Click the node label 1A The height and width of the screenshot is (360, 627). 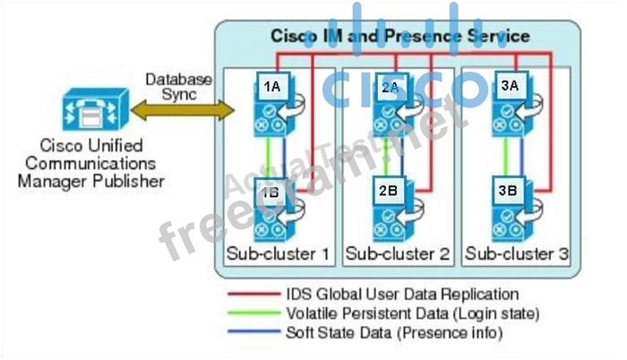tap(271, 86)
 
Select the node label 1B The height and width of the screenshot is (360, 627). tap(271, 190)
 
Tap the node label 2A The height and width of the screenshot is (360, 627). tap(390, 86)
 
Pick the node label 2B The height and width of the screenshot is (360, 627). tap(389, 190)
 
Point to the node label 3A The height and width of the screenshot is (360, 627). tap(509, 86)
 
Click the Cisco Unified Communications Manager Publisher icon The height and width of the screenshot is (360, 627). tap(88, 113)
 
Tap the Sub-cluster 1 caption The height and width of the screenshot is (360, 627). tap(278, 253)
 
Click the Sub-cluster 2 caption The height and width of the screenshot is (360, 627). tap(397, 253)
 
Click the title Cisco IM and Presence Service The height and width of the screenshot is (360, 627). tap(399, 37)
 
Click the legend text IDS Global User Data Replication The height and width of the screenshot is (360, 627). tap(402, 294)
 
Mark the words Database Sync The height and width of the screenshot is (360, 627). tap(179, 86)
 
